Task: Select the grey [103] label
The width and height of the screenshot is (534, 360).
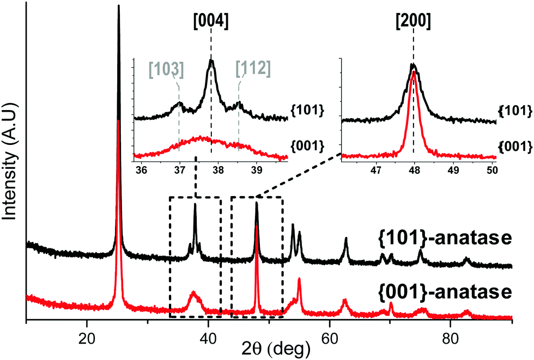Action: pos(166,69)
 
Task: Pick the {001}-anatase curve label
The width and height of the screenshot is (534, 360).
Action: pos(444,292)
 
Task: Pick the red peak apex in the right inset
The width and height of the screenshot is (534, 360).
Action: pos(413,72)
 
